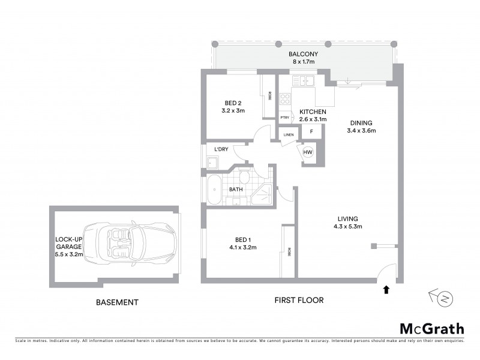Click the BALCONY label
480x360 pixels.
[303, 54]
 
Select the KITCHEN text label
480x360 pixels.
[313, 112]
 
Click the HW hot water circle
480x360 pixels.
[308, 152]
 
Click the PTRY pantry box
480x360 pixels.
[285, 118]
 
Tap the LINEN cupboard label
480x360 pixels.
[289, 135]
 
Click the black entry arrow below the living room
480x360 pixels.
[385, 290]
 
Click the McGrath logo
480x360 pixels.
[431, 328]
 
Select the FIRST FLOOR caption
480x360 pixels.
[298, 300]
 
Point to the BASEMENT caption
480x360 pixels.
[118, 302]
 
